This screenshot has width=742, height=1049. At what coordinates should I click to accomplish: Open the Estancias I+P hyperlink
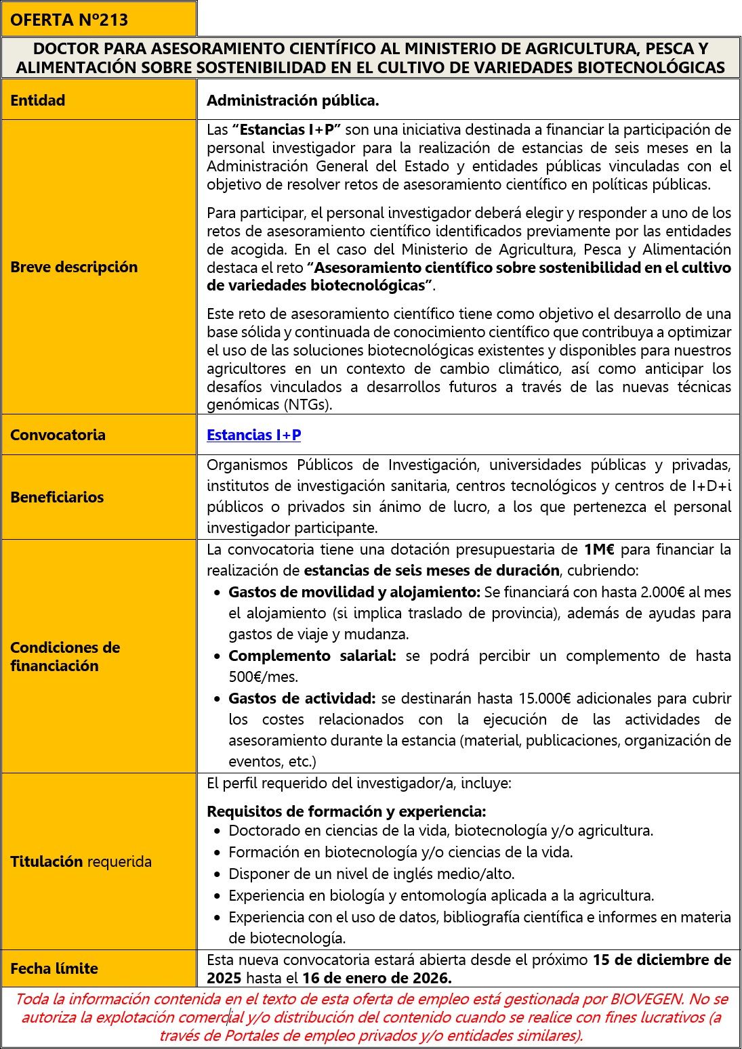point(253,435)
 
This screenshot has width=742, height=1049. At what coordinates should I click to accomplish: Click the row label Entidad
point(38,100)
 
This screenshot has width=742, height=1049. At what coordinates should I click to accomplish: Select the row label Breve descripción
point(74,267)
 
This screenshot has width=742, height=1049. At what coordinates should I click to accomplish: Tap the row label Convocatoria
point(58,435)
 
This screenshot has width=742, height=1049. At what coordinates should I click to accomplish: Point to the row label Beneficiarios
point(57,497)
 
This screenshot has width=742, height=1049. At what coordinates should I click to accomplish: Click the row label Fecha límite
point(54,968)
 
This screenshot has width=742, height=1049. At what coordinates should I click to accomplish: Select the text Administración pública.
point(293,100)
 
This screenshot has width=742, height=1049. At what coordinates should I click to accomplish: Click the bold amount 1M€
point(598,549)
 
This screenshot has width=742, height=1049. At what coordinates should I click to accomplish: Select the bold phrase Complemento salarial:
point(312,656)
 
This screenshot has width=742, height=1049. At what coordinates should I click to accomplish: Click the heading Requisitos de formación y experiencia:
point(346,811)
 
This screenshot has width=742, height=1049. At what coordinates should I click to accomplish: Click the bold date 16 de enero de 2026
point(377,978)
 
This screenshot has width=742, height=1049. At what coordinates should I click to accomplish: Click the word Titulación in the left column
point(46,861)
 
